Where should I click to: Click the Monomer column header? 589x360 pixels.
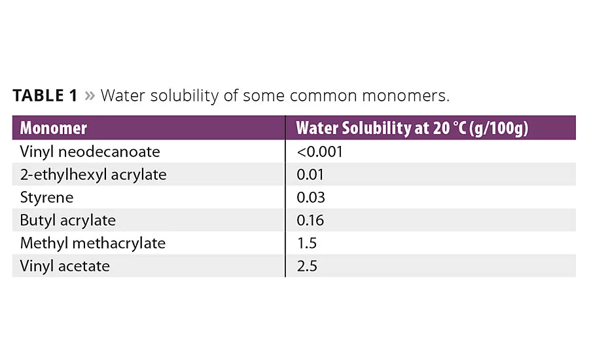pos(53,128)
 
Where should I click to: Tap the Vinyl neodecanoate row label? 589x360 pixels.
pos(90,152)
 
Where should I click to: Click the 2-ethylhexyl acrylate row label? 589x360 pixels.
pos(93,175)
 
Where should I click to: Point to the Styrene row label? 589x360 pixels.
pos(46,198)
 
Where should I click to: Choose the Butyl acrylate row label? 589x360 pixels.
pos(68,221)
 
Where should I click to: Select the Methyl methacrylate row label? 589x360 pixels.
pos(92,243)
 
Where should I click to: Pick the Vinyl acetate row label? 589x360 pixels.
pos(65,266)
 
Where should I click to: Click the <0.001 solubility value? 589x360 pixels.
pos(319,152)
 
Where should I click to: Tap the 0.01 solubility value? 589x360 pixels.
pos(310,175)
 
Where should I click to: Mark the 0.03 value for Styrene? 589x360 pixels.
pos(311,198)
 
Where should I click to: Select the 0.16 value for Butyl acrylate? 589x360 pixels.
pos(310,221)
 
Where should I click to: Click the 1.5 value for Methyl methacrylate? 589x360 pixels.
pos(306,243)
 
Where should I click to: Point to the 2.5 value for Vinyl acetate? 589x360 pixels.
pos(306,266)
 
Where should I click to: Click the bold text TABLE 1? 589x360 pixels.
pos(45,96)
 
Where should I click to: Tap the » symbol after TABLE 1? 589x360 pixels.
pos(89,96)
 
